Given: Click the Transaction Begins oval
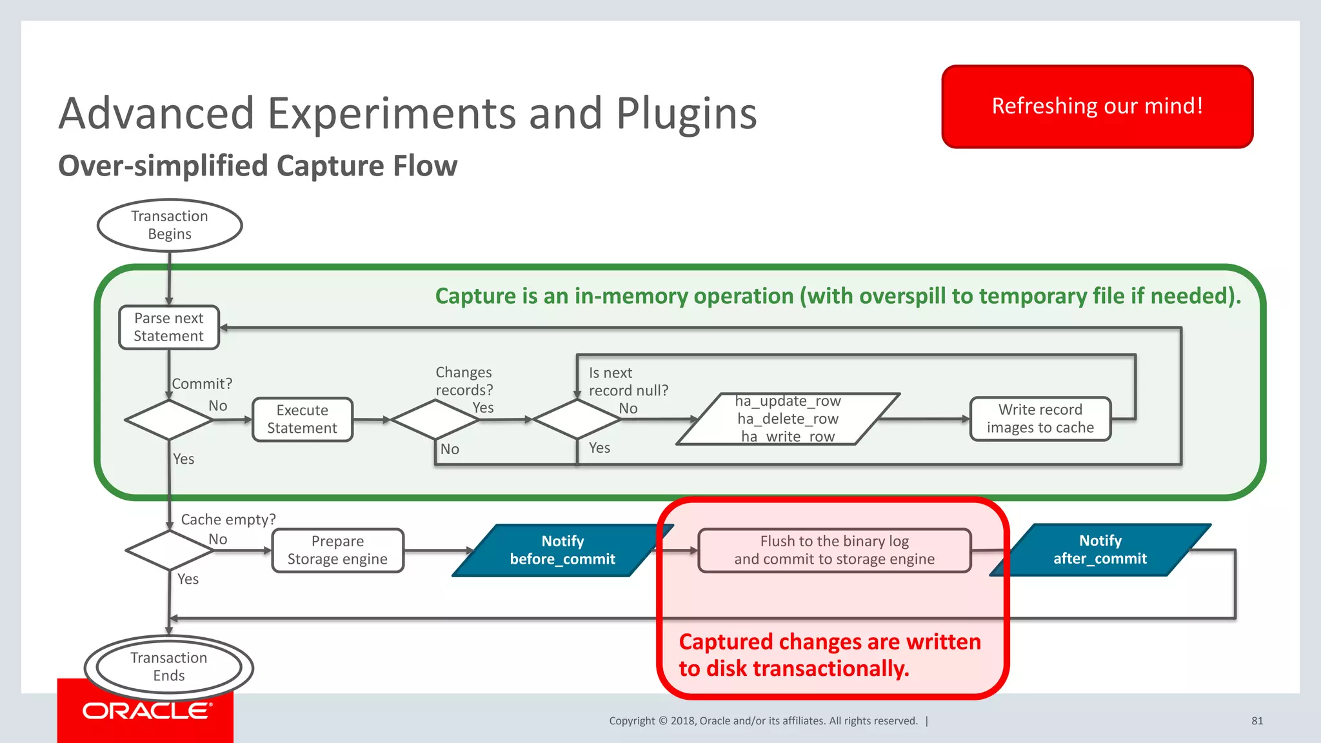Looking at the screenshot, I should click(170, 225).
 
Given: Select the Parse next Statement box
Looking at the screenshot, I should click(169, 328).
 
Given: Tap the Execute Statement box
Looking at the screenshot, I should click(302, 419).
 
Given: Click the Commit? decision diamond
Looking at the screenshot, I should click(169, 420).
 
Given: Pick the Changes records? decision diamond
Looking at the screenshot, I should click(435, 420).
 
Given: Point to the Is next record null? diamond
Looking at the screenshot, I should click(577, 420).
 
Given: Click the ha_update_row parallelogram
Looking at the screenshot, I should click(788, 419).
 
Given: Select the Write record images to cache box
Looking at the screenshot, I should click(1040, 419).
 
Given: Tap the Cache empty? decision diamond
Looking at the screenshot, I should click(169, 550).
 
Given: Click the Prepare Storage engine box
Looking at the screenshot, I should click(337, 550).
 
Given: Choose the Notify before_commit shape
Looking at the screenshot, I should click(562, 550).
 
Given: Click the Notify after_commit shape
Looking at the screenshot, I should click(1100, 550).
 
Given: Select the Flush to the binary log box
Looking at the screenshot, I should click(834, 550).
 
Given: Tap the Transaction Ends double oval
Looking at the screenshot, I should click(169, 667).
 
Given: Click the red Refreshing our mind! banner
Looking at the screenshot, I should click(1097, 106).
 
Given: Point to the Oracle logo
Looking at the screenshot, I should click(146, 711).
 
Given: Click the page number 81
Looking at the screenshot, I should click(1256, 721).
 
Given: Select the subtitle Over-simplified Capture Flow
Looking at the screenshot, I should click(258, 166).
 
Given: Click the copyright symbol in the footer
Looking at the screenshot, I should click(662, 721).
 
